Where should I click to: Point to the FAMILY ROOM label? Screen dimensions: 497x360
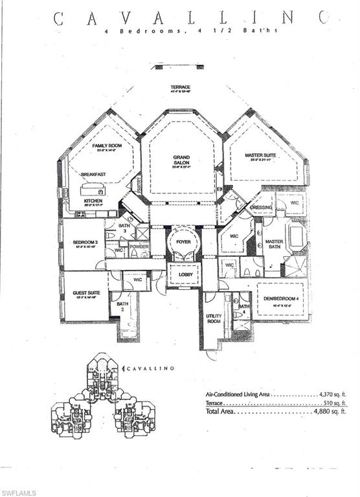pos(107,146)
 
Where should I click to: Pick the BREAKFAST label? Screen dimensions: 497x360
pos(93,175)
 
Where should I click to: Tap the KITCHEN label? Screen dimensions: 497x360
pos(93,201)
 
